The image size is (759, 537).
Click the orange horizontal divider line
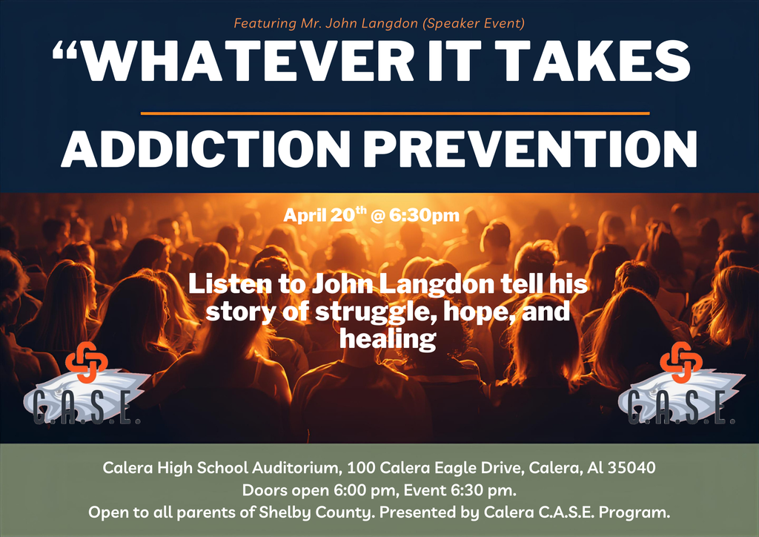(394, 113)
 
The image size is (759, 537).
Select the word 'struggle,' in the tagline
(340, 312)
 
